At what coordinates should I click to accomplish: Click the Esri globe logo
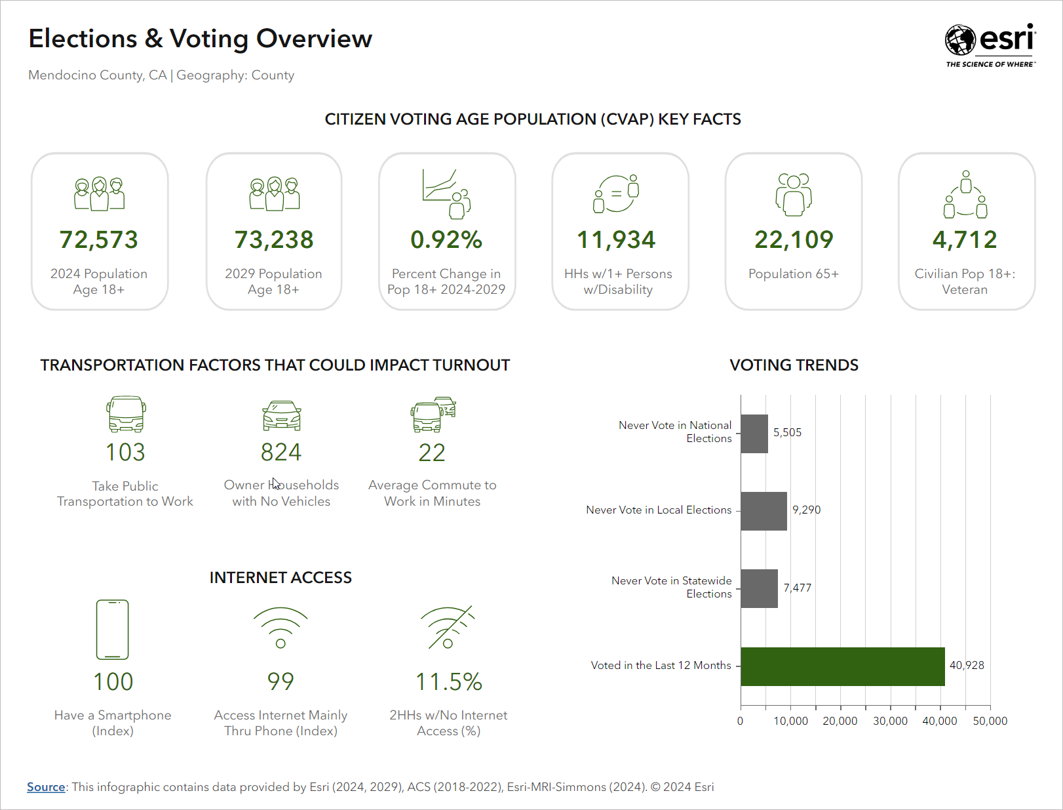pos(960,40)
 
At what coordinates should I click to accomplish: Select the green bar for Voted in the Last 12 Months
pos(842,666)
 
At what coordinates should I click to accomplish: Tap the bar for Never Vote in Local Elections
pos(763,511)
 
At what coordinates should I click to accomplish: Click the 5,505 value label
pos(787,433)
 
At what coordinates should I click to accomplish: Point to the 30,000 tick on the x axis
pos(890,721)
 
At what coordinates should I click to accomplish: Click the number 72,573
pos(99,240)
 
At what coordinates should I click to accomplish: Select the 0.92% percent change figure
pos(446,240)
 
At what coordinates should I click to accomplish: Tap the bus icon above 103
pos(126,414)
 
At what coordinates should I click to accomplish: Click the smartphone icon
pos(112,629)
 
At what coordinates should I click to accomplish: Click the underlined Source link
pos(46,787)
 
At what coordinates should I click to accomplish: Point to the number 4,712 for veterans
pos(965,240)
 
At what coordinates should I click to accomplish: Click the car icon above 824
pos(281,416)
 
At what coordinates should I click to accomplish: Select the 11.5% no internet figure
pos(449,682)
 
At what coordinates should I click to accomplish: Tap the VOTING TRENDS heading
pos(794,365)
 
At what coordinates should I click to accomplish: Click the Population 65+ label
pos(793,274)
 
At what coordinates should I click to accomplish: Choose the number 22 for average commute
pos(432,453)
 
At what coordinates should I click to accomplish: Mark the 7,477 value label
pos(797,588)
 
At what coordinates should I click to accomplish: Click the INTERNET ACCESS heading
pos(280,578)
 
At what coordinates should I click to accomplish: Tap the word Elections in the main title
pos(83,39)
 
